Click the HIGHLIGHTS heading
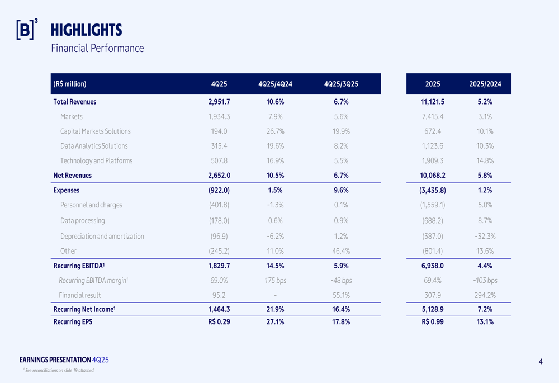pyautogui.click(x=86, y=30)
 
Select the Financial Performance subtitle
pyautogui.click(x=97, y=48)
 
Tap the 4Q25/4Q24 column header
pyautogui.click(x=276, y=84)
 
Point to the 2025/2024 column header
pyautogui.click(x=486, y=84)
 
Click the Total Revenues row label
pyautogui.click(x=75, y=102)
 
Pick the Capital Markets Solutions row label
pyautogui.click(x=96, y=131)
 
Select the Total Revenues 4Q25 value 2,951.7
pyautogui.click(x=219, y=102)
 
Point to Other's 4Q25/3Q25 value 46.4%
pyautogui.click(x=341, y=251)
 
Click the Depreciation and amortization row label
pyautogui.click(x=102, y=237)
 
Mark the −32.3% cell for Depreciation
pyautogui.click(x=485, y=237)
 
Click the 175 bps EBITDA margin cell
pyautogui.click(x=276, y=281)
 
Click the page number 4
pyautogui.click(x=541, y=362)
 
